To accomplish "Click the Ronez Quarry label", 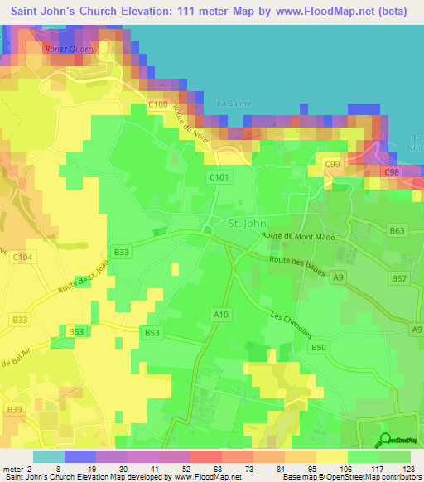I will [70, 49].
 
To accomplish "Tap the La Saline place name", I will [234, 103].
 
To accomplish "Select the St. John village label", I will [245, 223].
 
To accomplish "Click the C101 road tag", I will [219, 176].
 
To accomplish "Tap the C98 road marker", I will [393, 171].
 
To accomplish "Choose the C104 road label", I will [23, 258].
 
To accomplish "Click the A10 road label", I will [220, 314].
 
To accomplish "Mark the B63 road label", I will [398, 231].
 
